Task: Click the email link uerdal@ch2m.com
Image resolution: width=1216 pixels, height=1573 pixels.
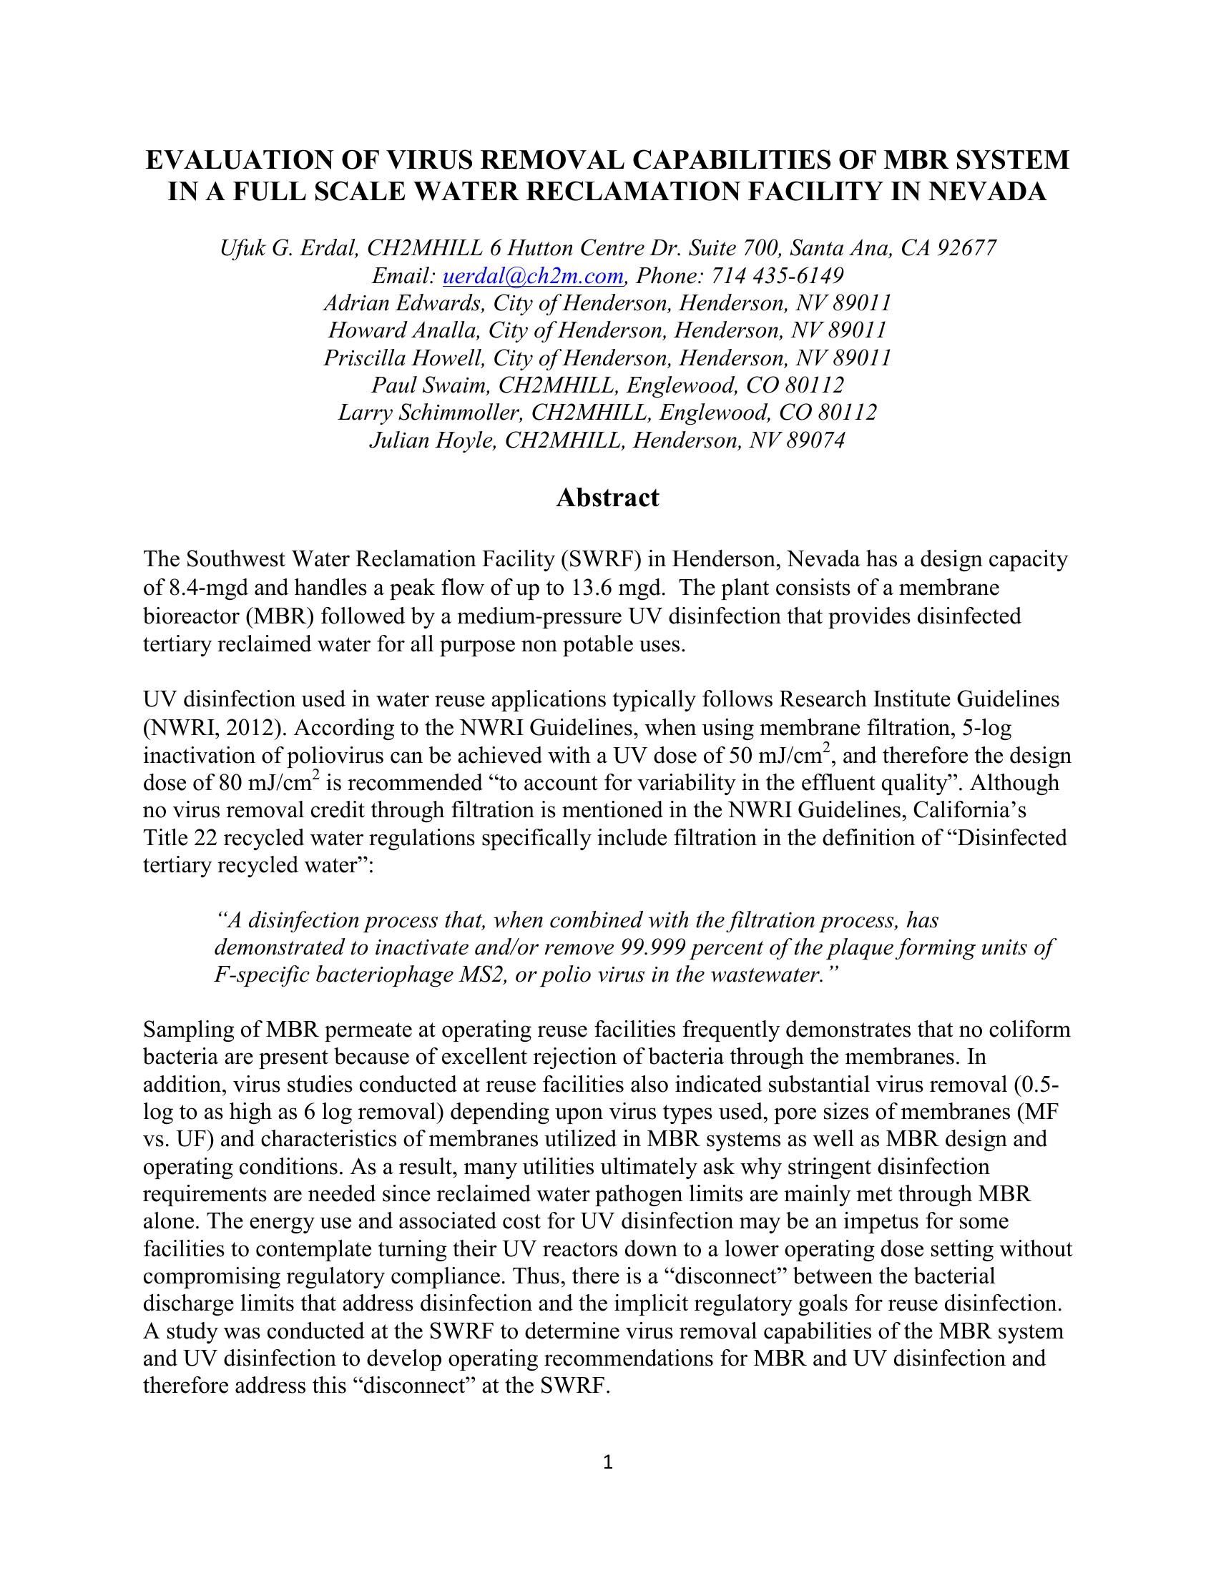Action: [532, 276]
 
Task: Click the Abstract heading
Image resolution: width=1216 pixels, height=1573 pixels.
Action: [607, 498]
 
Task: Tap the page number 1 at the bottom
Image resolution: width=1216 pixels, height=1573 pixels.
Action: [607, 1461]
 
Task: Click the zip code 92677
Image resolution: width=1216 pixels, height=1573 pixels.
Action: [966, 249]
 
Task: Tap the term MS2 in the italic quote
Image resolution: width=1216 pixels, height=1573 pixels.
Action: [485, 975]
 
